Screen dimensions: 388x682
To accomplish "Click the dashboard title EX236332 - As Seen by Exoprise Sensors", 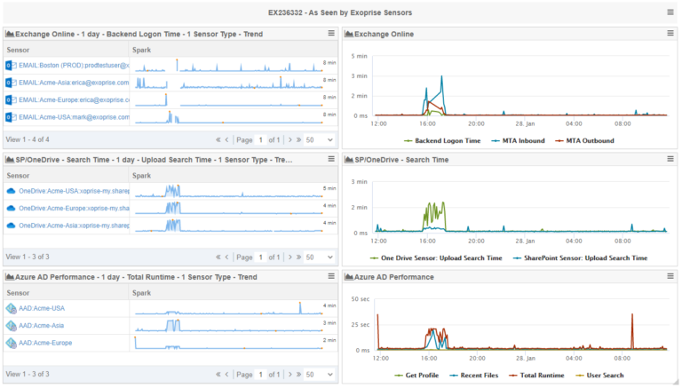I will (340, 12).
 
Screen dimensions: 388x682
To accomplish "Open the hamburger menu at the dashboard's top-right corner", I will (670, 12).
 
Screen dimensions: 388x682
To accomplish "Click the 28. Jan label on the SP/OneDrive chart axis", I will (525, 241).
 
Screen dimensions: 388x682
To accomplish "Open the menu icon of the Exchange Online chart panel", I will (670, 34).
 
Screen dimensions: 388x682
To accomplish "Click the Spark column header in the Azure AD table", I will (142, 292).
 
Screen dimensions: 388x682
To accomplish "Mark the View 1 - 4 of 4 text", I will (28, 139).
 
